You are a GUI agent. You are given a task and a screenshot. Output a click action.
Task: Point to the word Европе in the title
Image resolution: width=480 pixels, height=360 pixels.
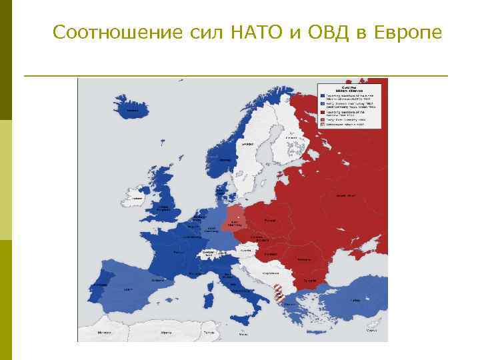405,32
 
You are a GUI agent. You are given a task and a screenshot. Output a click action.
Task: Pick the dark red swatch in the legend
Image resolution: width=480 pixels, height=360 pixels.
322,112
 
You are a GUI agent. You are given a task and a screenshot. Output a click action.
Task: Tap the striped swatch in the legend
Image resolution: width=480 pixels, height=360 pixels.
322,124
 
